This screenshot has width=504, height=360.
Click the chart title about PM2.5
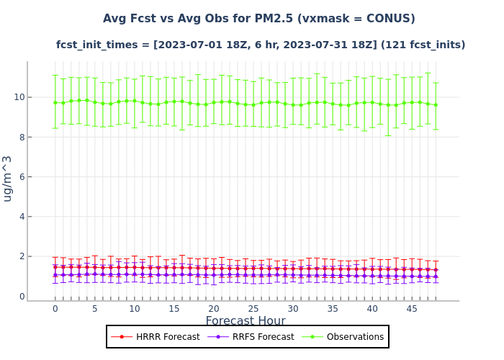tap(258, 19)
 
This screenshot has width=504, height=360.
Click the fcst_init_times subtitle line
tap(261, 45)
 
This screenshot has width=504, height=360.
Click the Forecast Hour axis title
tap(246, 321)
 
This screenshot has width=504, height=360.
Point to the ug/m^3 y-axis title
tap(8, 178)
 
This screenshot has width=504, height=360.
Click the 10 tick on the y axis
tap(19, 97)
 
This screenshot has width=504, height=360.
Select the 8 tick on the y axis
tap(22, 137)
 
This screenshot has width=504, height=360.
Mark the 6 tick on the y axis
tap(22, 177)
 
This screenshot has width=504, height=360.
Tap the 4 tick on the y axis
tap(22, 217)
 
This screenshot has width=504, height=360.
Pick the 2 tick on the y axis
tap(22, 256)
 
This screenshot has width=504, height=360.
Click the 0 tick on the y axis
tap(22, 296)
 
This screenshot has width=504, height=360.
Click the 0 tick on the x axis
tap(55, 308)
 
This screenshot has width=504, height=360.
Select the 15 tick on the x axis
tap(174, 308)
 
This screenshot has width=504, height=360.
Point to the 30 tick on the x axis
tap(293, 308)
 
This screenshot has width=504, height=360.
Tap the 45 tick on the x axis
tap(412, 308)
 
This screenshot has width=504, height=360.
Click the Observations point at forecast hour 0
tap(55, 102)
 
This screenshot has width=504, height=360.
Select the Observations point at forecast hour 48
tap(436, 104)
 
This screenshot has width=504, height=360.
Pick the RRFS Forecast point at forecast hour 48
tap(436, 276)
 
